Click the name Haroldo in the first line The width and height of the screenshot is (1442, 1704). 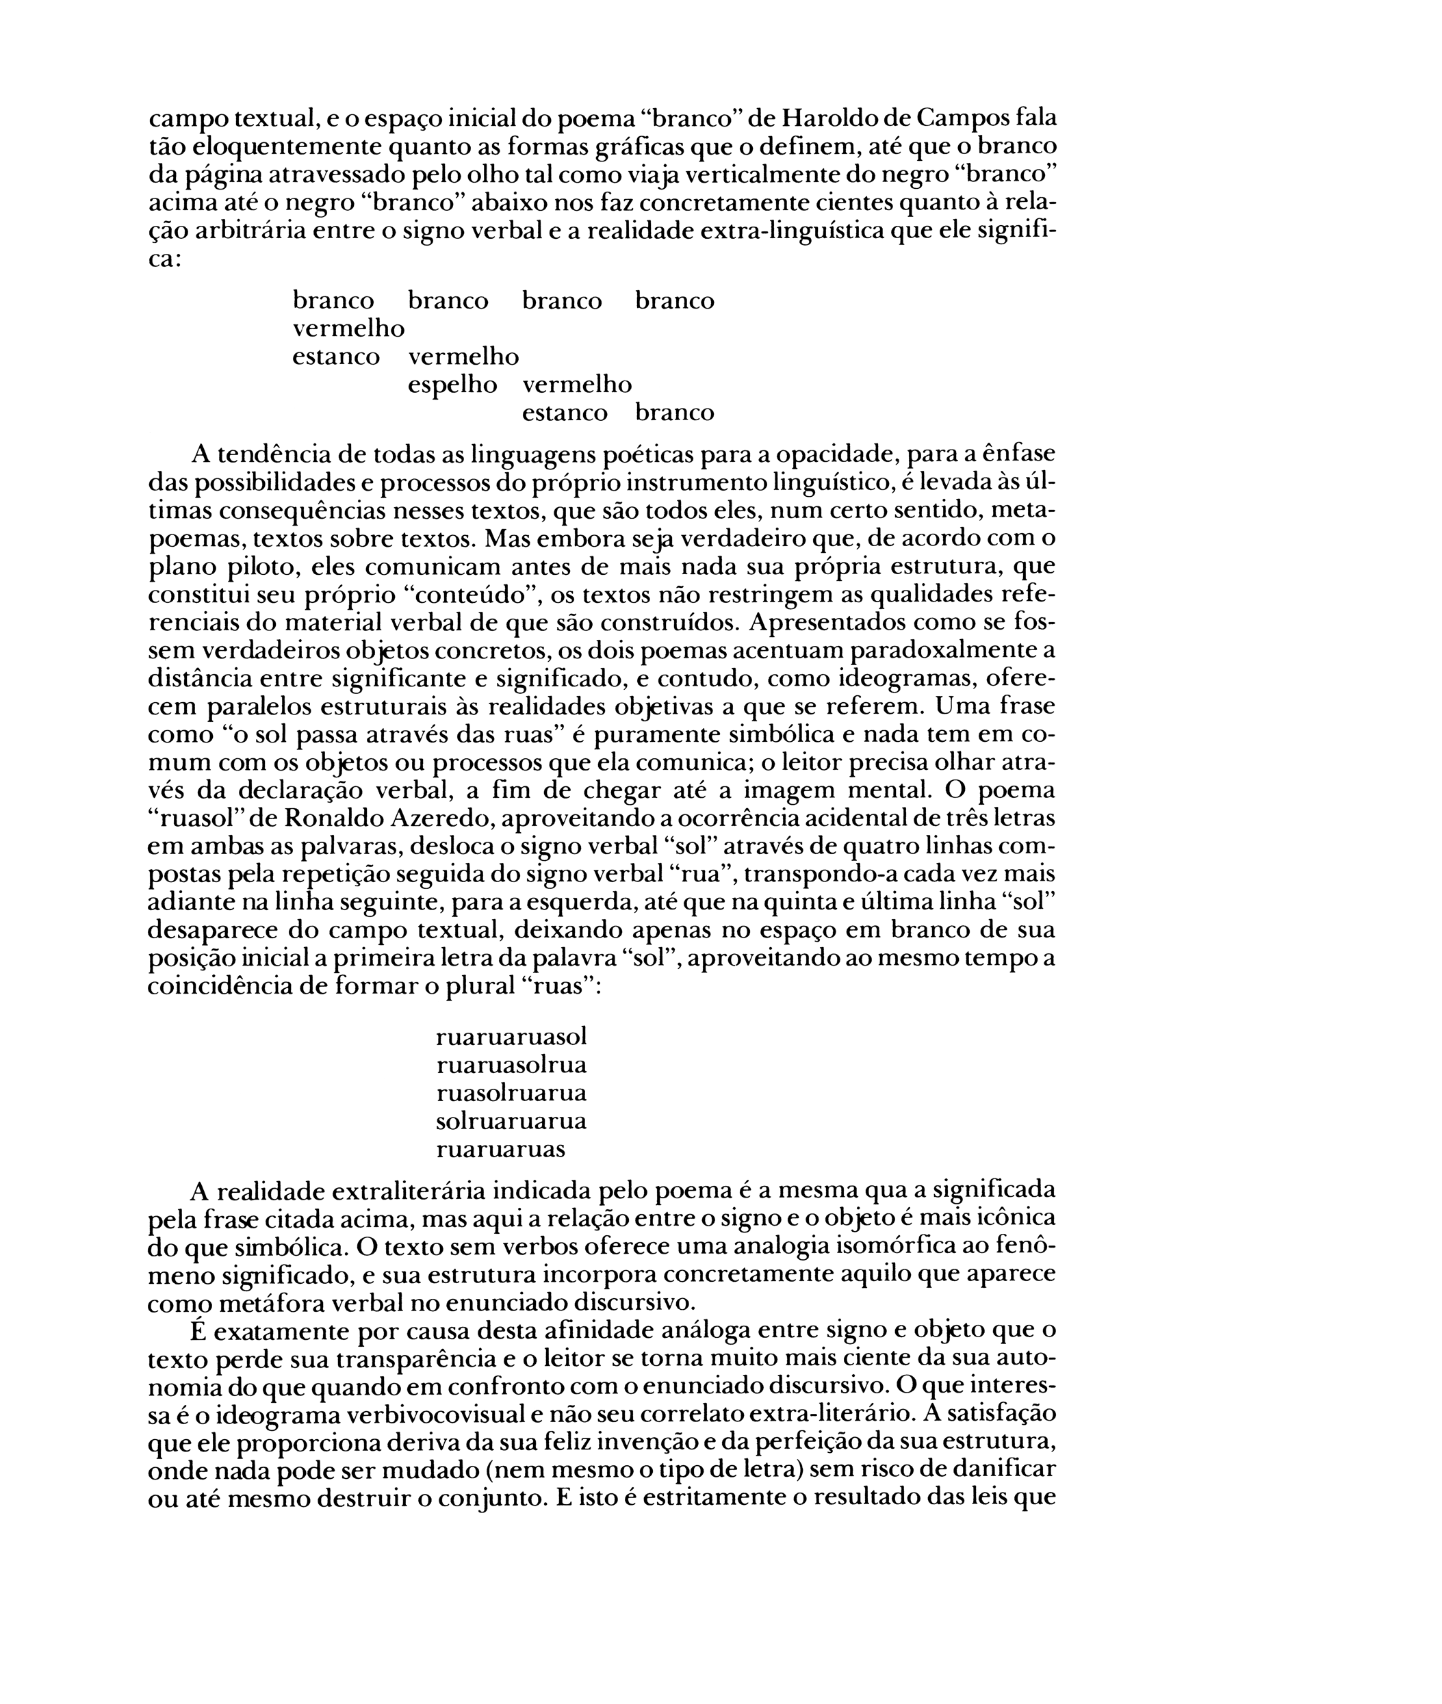pos(829,118)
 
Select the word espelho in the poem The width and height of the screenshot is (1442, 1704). pos(452,384)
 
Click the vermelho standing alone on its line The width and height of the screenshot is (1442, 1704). pos(348,328)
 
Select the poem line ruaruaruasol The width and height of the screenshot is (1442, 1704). pos(512,1036)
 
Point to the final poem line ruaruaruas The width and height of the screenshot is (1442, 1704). pos(500,1149)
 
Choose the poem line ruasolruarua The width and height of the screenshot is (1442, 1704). pos(512,1093)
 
